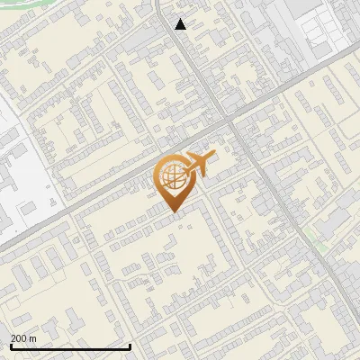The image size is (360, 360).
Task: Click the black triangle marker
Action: (x=181, y=24)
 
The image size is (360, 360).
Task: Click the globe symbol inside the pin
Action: (x=172, y=175)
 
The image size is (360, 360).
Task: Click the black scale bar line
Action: (x=70, y=346)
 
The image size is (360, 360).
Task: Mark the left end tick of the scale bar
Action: (x=9, y=346)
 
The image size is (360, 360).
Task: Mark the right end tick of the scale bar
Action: (x=131, y=346)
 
